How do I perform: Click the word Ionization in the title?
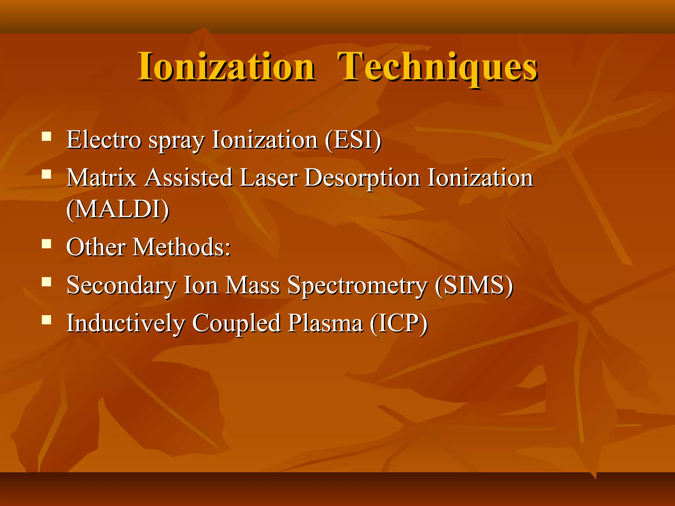tap(226, 67)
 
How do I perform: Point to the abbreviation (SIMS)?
tap(474, 285)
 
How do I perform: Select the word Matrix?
tap(102, 178)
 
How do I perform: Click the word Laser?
tap(268, 178)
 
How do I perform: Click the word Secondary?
tap(121, 286)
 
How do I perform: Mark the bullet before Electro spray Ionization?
tap(46, 136)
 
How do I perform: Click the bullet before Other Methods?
tap(46, 244)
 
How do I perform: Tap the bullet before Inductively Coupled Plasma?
tap(46, 320)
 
